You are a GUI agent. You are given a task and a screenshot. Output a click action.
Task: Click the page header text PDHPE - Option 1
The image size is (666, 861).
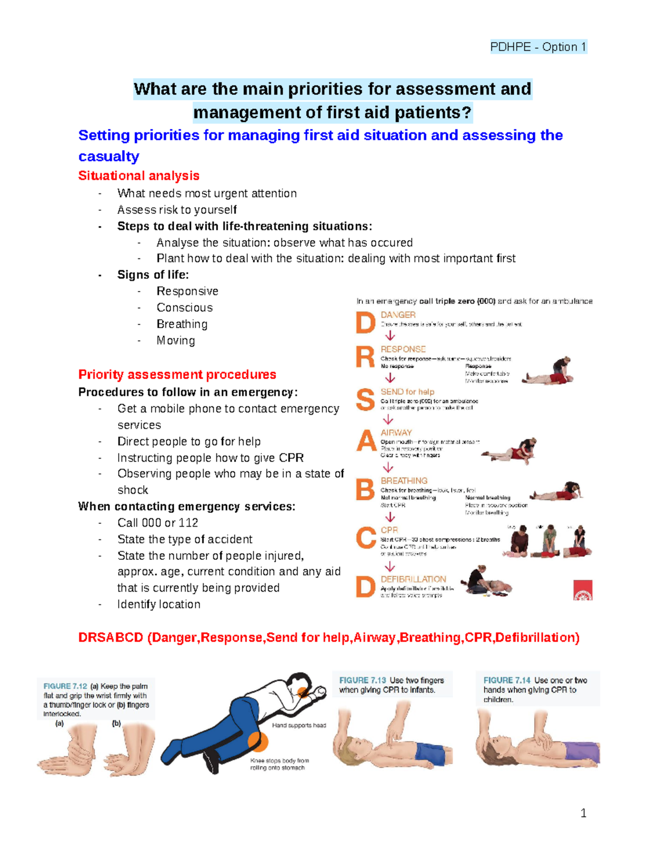pyautogui.click(x=537, y=47)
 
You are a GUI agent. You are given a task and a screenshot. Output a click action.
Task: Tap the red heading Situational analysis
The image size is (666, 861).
pyautogui.click(x=139, y=176)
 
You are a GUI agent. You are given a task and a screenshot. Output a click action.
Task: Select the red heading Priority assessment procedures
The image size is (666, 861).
pyautogui.click(x=177, y=375)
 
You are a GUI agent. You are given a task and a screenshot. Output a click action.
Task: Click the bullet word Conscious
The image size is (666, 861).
pyautogui.click(x=184, y=308)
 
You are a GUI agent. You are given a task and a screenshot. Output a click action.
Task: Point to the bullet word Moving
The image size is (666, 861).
pyautogui.click(x=175, y=341)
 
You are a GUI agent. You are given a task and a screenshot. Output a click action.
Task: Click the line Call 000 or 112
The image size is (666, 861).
pyautogui.click(x=158, y=523)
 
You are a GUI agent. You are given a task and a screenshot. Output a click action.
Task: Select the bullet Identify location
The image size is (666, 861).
pyautogui.click(x=159, y=604)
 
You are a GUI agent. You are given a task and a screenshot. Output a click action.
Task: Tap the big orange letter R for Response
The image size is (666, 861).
pyautogui.click(x=365, y=358)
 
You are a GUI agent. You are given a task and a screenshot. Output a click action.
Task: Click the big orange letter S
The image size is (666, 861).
pyautogui.click(x=365, y=400)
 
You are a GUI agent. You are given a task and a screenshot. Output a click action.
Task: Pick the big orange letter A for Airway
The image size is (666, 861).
pyautogui.click(x=366, y=441)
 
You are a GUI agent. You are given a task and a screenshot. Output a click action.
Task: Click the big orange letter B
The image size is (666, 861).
pyautogui.click(x=365, y=490)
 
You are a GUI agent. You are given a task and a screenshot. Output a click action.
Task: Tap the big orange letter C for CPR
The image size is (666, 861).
pyautogui.click(x=366, y=538)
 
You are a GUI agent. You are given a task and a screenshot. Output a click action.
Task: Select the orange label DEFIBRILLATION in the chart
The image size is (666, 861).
pyautogui.click(x=413, y=579)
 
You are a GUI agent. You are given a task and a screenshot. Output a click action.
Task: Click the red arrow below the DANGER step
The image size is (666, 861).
pyautogui.click(x=390, y=336)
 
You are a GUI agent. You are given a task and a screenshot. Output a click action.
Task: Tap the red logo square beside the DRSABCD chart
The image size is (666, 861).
pyautogui.click(x=583, y=590)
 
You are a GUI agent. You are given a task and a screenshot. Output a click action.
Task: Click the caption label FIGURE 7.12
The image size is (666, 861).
pyautogui.click(x=65, y=686)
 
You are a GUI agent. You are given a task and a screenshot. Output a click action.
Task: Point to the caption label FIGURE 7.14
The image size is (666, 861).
pyautogui.click(x=506, y=680)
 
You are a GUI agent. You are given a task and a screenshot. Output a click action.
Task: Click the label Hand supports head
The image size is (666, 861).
pyautogui.click(x=299, y=725)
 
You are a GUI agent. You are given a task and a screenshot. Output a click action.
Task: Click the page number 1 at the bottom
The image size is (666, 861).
pyautogui.click(x=583, y=813)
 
